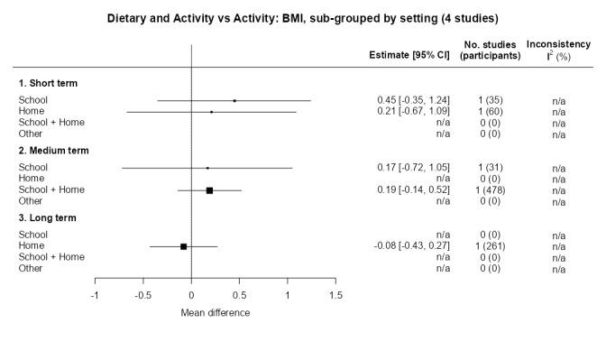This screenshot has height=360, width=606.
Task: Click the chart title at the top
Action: tap(303, 17)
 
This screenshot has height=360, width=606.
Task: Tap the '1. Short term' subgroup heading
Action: tap(48, 83)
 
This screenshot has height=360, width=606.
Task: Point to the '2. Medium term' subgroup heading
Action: tap(53, 151)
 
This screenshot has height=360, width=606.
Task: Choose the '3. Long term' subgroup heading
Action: tap(48, 218)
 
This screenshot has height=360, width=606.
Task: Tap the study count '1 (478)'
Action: tap(490, 190)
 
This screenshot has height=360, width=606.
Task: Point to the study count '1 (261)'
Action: tap(490, 246)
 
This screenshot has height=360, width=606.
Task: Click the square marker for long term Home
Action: tap(184, 246)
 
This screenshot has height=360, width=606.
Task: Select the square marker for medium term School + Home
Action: tap(209, 190)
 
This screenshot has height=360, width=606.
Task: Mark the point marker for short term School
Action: tap(234, 100)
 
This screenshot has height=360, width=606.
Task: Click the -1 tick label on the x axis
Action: tap(95, 295)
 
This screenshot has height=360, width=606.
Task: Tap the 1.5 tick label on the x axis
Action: tap(335, 295)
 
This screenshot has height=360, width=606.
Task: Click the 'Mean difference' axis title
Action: tap(216, 313)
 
